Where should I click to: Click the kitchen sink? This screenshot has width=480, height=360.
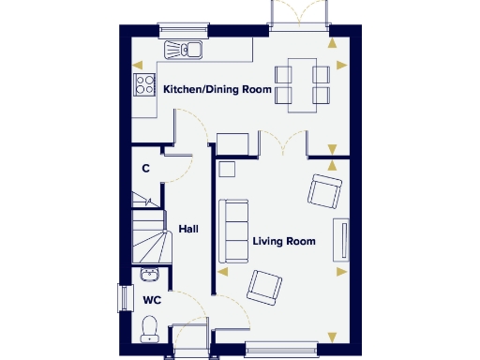coord(185,50)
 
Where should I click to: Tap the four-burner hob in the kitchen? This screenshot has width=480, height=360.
coord(145,84)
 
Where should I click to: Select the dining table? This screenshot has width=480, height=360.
coord(302,82)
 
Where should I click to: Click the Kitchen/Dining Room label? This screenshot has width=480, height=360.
coord(217,91)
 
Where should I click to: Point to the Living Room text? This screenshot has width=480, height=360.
coord(284,241)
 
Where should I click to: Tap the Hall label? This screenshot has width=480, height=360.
coord(188,228)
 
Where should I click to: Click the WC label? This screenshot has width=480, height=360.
coord(152,301)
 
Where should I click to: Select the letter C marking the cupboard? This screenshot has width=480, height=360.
coord(145,169)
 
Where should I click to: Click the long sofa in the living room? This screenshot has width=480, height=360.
coord(233,232)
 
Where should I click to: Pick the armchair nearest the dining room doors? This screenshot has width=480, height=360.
coord(325,191)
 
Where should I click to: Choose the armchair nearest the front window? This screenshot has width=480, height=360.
coord(264,287)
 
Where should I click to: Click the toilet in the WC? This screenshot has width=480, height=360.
coord(149,328)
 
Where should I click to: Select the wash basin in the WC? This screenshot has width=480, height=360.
coord(149,275)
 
